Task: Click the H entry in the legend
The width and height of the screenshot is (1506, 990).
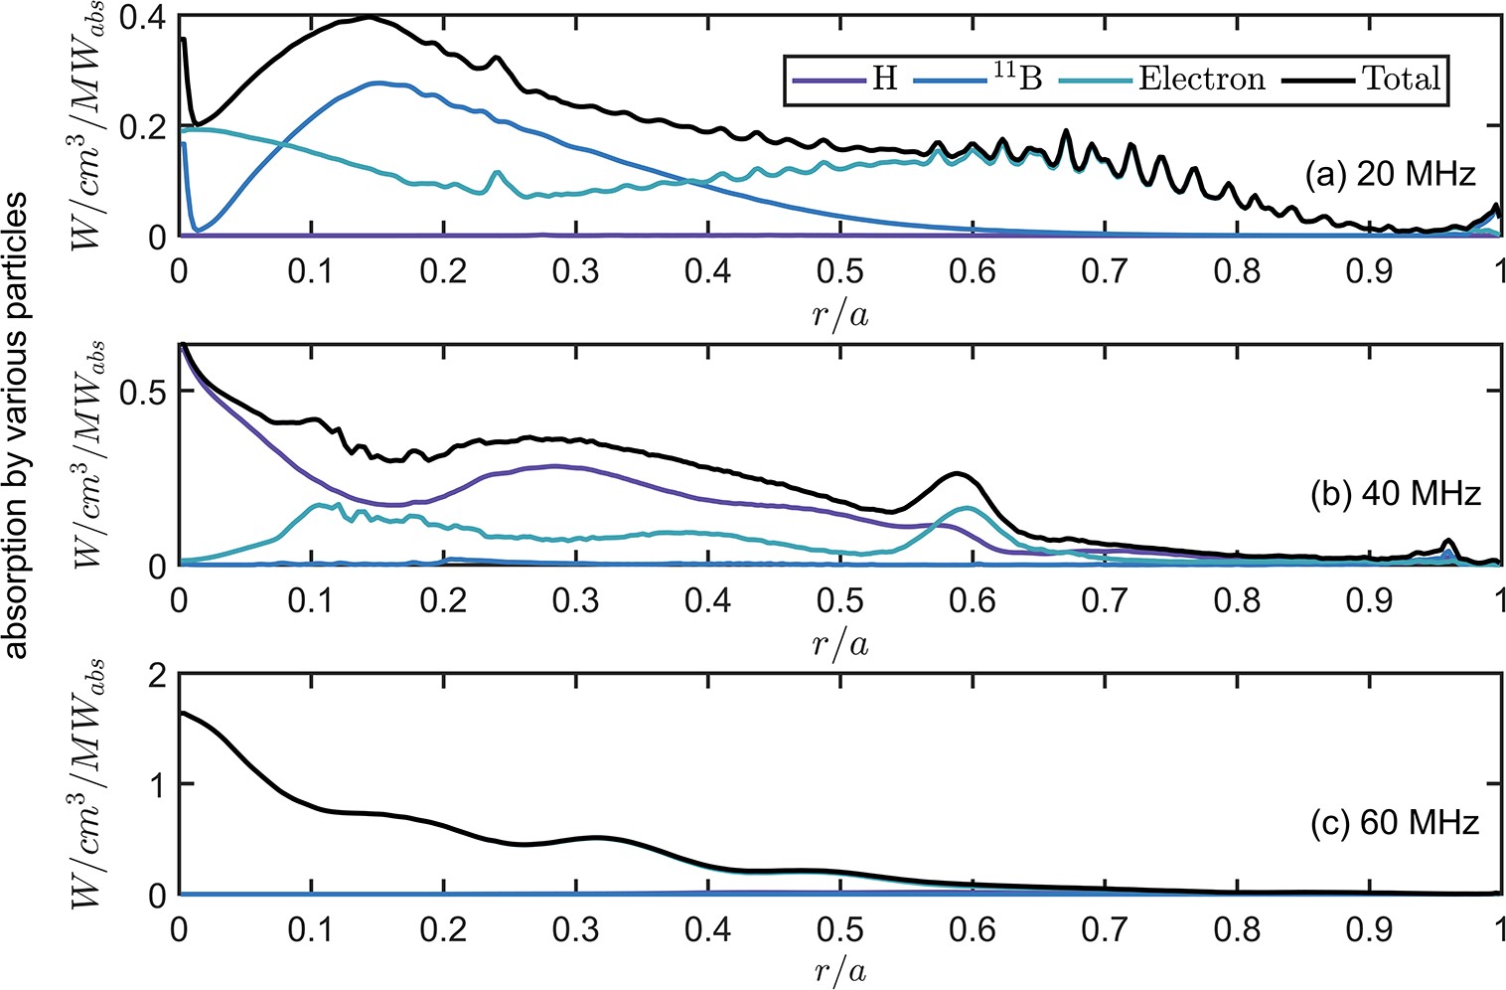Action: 884,79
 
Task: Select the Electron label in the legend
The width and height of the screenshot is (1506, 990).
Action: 1201,79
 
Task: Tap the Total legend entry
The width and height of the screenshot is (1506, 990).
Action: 1401,78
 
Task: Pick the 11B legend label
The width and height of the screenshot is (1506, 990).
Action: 1017,78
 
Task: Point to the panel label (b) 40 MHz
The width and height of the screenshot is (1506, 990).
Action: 1390,492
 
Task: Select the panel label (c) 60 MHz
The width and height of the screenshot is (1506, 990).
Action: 1390,822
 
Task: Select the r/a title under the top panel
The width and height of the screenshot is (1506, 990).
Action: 839,316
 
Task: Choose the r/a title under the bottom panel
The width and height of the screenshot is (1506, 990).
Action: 839,970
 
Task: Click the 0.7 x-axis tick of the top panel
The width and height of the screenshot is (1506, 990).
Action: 1105,271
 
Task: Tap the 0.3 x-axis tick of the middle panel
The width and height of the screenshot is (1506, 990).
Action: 575,599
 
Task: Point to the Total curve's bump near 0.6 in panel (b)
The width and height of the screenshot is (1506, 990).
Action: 958,474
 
